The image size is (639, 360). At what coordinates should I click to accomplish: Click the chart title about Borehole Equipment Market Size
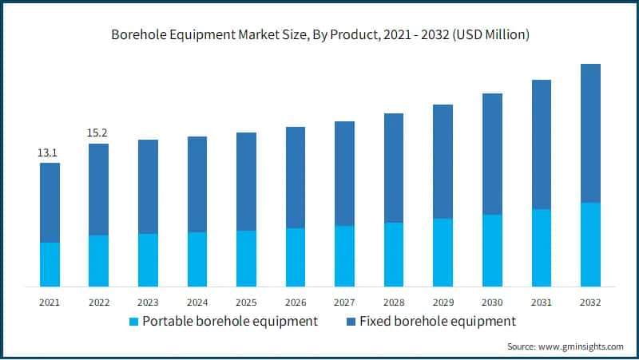(x=319, y=35)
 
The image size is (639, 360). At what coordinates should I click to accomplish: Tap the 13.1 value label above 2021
(x=50, y=152)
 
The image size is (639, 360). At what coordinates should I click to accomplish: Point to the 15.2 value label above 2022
(x=98, y=133)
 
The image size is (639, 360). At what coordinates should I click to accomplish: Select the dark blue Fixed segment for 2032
(x=590, y=133)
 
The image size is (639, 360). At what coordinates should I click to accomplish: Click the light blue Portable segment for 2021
(x=50, y=264)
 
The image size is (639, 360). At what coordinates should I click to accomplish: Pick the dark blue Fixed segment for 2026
(x=296, y=177)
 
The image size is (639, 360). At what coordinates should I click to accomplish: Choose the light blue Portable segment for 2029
(x=443, y=252)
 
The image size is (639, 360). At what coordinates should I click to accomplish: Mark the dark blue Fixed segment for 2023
(x=148, y=187)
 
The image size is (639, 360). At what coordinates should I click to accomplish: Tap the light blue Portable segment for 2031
(x=542, y=247)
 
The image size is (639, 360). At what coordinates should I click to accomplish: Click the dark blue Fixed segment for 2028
(x=394, y=168)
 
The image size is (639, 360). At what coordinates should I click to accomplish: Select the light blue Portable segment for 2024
(x=197, y=259)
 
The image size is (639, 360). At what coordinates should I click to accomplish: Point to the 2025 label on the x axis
(x=246, y=303)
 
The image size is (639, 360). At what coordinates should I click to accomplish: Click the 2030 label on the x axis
(x=492, y=303)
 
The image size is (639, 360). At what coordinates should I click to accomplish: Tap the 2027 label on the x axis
(x=344, y=303)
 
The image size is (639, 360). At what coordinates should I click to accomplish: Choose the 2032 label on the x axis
(x=590, y=303)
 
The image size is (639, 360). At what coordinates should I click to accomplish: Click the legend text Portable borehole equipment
(x=231, y=321)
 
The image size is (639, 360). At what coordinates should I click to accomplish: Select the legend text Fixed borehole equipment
(x=438, y=321)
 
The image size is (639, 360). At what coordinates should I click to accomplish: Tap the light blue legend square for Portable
(x=134, y=322)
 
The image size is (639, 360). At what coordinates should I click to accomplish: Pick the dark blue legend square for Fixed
(x=351, y=322)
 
